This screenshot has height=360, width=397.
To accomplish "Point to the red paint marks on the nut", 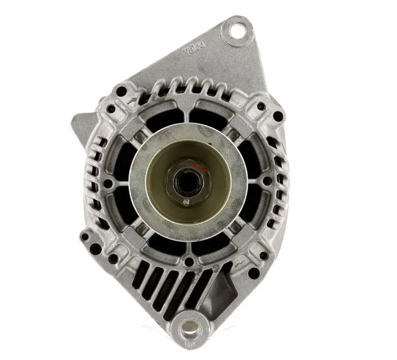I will pyautogui.click(x=199, y=168).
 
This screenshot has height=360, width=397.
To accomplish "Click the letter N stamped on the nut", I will pyautogui.click(x=187, y=202).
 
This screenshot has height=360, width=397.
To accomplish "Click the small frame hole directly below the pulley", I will pyautogui.click(x=189, y=262).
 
